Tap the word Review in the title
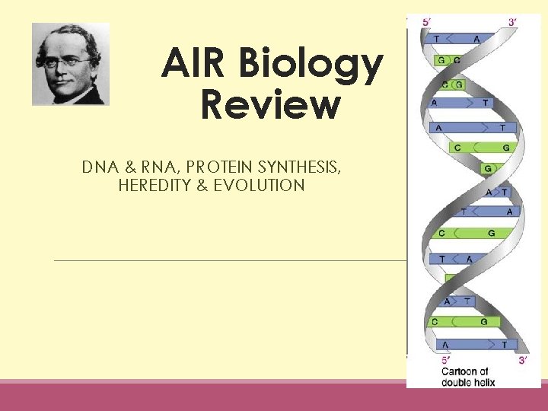click(x=270, y=104)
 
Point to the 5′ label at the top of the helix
click(x=429, y=23)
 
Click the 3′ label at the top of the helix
click(x=515, y=23)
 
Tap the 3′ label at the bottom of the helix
click(x=523, y=359)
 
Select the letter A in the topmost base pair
click(x=476, y=39)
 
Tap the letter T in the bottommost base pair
click(x=503, y=345)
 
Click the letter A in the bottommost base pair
click(x=445, y=345)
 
